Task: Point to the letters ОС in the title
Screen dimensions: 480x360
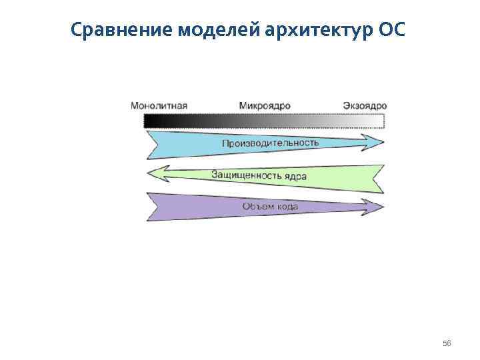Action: [391, 31]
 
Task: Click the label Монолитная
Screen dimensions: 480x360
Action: [159, 105]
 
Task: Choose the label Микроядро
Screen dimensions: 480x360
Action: [265, 105]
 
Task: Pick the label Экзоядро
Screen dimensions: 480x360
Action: [365, 105]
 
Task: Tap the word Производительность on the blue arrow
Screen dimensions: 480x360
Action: [270, 143]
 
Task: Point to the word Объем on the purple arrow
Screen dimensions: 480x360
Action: [257, 207]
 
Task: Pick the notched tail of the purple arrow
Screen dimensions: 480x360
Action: [153, 207]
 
